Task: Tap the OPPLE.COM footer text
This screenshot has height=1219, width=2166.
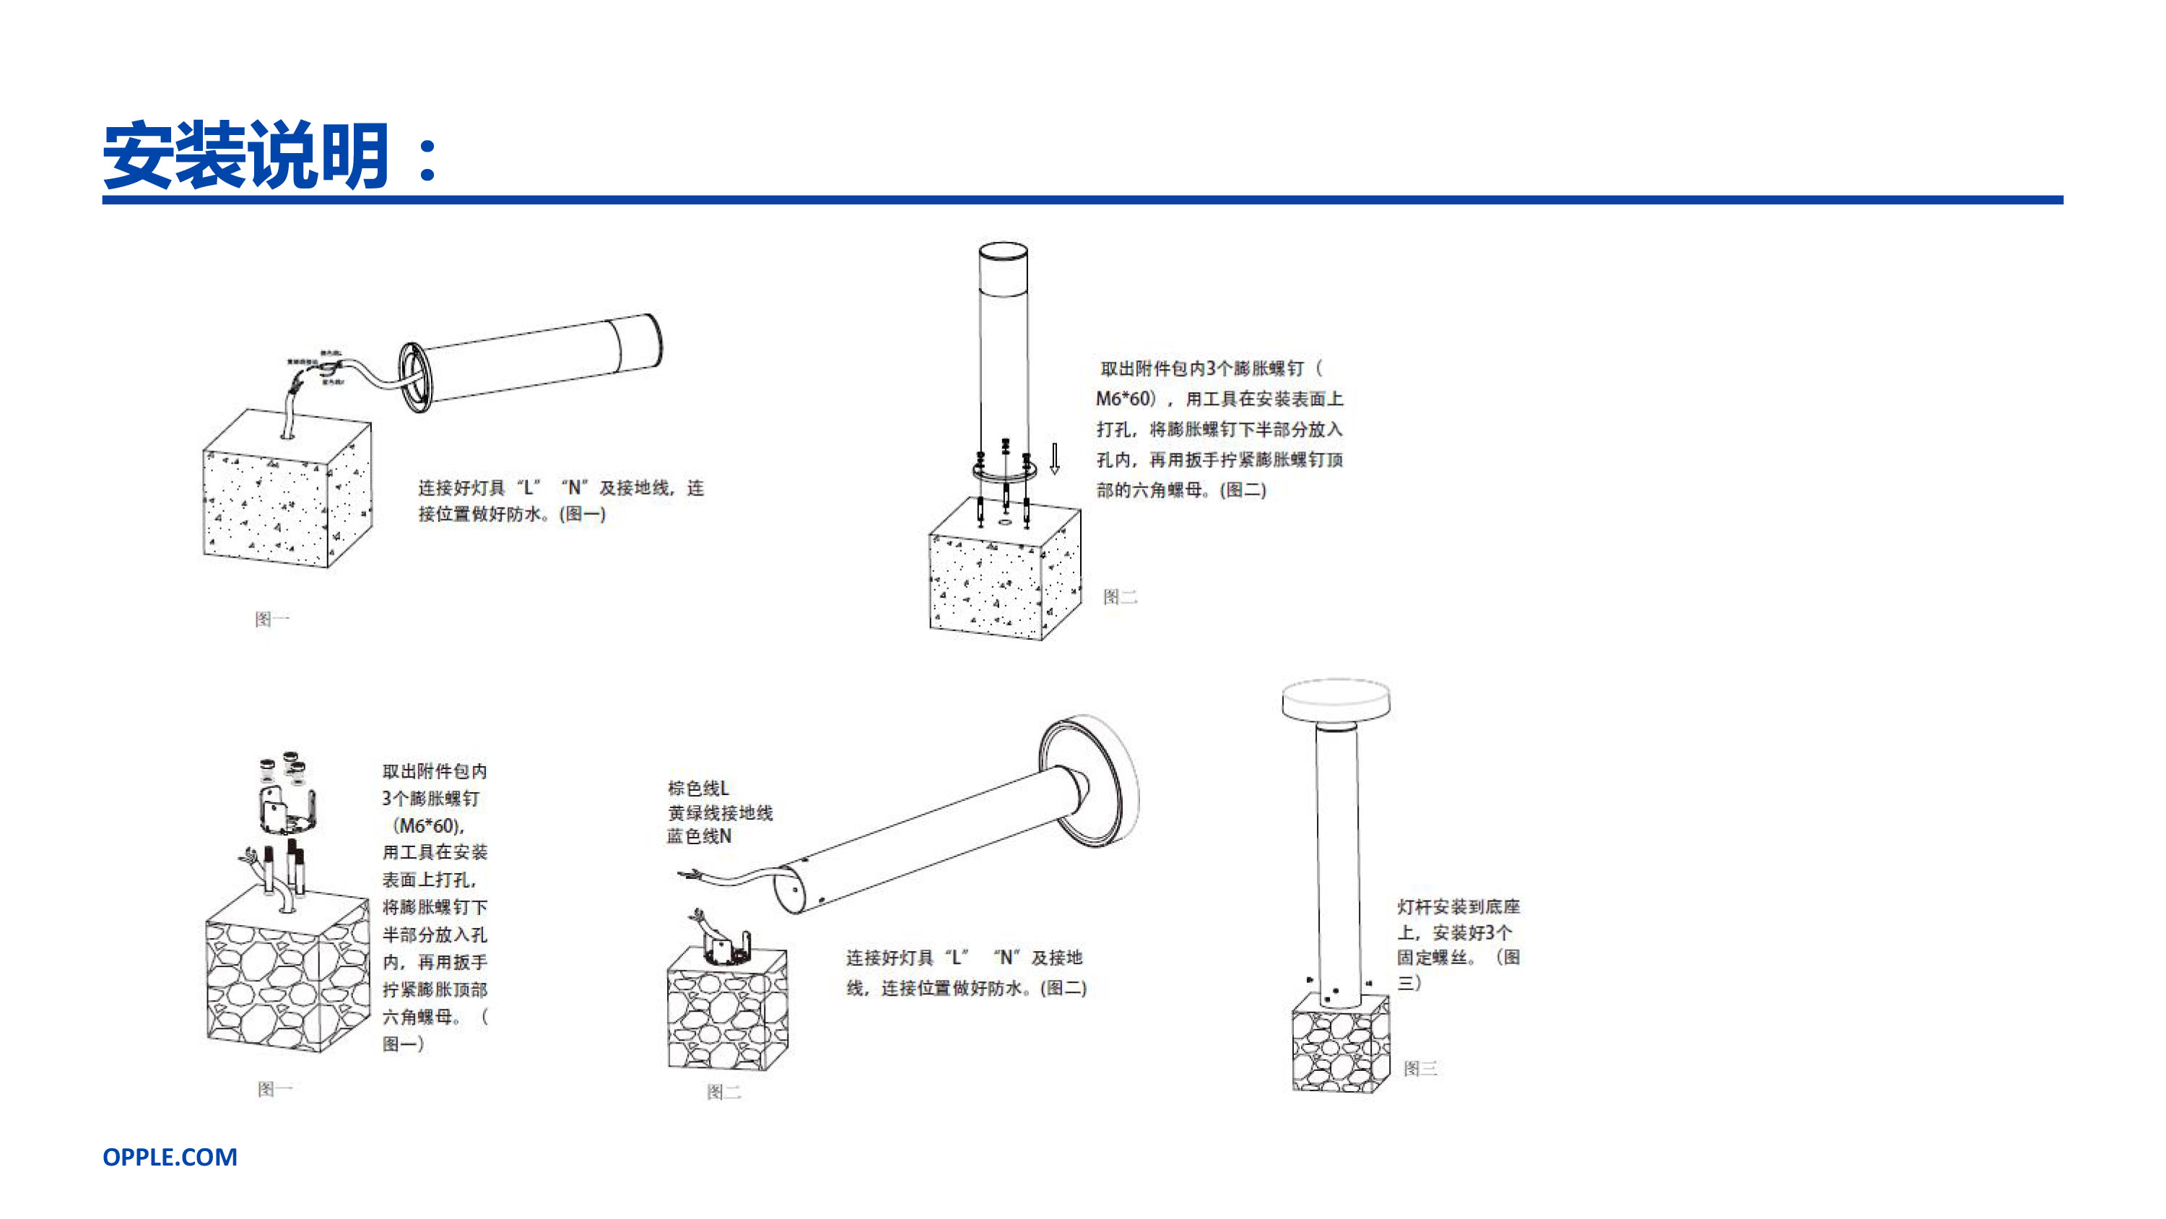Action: tap(170, 1157)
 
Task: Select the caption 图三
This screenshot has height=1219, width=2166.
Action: tap(1420, 1068)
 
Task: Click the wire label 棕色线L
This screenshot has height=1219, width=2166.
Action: tap(698, 789)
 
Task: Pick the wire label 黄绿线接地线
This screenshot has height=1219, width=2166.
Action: tap(720, 812)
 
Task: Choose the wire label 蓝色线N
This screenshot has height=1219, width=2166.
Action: tap(699, 836)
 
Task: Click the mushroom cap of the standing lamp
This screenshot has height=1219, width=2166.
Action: tap(1336, 699)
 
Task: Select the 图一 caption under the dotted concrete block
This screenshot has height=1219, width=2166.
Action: tap(271, 619)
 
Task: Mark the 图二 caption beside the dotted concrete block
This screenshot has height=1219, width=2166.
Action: tap(1120, 597)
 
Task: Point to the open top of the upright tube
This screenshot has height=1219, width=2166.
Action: tap(1003, 251)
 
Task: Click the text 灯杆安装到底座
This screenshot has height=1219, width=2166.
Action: tap(1458, 907)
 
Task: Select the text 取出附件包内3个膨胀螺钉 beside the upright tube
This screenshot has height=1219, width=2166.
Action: tap(1210, 368)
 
